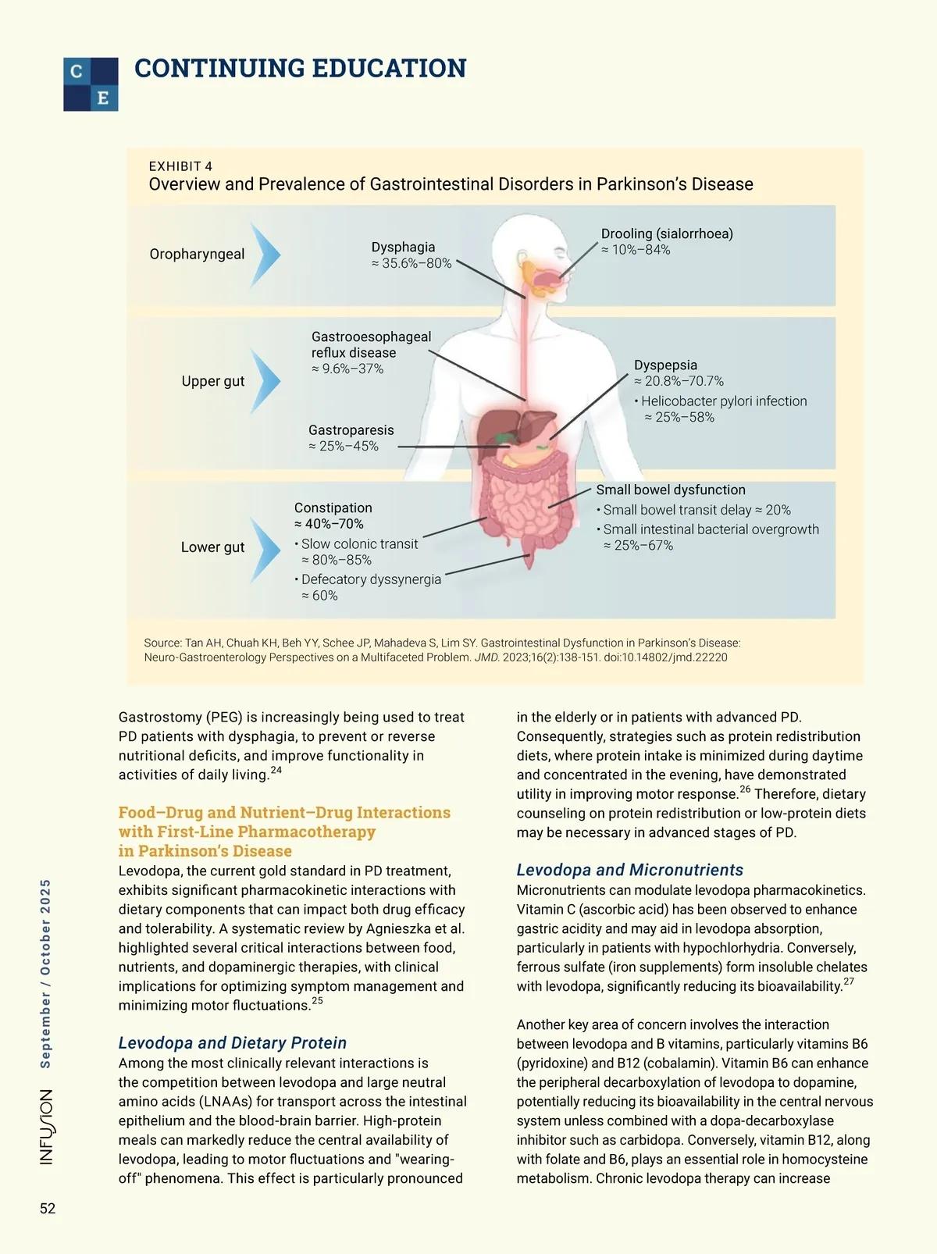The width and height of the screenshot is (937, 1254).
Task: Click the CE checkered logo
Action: tap(91, 84)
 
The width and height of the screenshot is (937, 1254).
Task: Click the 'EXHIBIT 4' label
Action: tap(180, 166)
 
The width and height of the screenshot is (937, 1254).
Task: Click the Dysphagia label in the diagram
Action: tap(403, 248)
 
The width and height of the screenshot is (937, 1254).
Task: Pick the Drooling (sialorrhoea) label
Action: tap(667, 233)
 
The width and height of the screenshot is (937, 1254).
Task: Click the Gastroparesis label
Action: tap(351, 430)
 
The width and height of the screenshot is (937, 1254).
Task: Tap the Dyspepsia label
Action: tap(665, 365)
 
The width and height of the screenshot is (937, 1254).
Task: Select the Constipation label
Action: tap(333, 508)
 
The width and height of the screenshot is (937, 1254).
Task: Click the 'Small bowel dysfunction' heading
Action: tap(671, 490)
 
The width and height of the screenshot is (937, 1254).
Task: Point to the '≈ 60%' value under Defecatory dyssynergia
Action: tap(319, 596)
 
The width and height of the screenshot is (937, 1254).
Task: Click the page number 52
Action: tap(48, 1208)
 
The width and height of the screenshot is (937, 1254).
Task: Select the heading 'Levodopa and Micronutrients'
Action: tap(629, 870)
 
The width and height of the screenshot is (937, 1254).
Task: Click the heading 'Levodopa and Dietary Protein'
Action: tap(233, 1042)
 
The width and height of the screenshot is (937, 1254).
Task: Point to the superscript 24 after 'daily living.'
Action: tap(276, 771)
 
